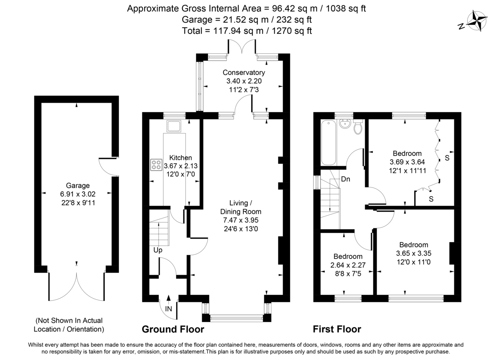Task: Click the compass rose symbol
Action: coord(478,21)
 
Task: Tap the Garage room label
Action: coord(78,186)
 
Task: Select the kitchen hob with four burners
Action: coord(156,165)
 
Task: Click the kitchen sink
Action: coord(173,126)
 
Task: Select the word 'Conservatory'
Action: coord(243,73)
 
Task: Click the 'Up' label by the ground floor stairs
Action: coord(158,250)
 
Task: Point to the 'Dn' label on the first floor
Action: coord(346,180)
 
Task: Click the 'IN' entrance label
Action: coord(168,308)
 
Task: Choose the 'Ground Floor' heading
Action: coord(173,329)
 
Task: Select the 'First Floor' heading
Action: coord(337,329)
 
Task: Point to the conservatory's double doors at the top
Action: coord(243,47)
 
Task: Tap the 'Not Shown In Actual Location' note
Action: coord(69,325)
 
